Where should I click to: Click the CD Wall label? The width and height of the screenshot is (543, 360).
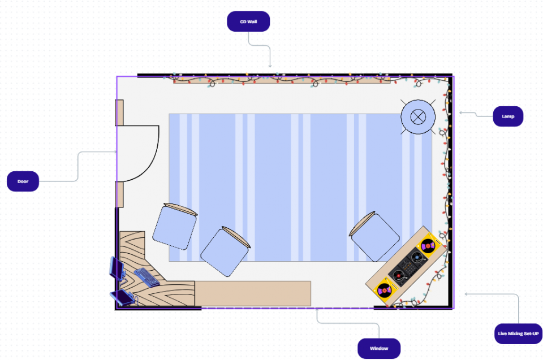click(248, 21)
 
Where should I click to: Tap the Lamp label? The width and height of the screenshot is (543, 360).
click(508, 116)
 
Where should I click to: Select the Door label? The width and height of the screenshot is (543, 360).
click(23, 181)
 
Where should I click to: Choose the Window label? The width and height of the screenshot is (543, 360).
click(379, 348)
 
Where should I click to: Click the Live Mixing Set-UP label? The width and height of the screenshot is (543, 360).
click(519, 333)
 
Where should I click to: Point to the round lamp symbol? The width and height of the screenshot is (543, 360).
click(418, 116)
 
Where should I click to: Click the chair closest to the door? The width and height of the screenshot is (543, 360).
click(175, 226)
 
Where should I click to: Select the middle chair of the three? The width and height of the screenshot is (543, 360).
click(225, 252)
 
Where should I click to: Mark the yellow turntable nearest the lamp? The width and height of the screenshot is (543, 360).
click(428, 246)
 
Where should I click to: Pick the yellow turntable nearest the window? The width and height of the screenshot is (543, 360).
click(385, 290)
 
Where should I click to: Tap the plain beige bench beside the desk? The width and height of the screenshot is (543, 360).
click(253, 293)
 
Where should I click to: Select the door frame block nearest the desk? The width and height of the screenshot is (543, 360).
click(119, 194)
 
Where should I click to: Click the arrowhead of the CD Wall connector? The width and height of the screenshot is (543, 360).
click(270, 66)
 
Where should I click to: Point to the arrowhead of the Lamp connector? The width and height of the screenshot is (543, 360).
click(461, 113)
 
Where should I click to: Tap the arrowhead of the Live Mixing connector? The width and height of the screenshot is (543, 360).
click(467, 294)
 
